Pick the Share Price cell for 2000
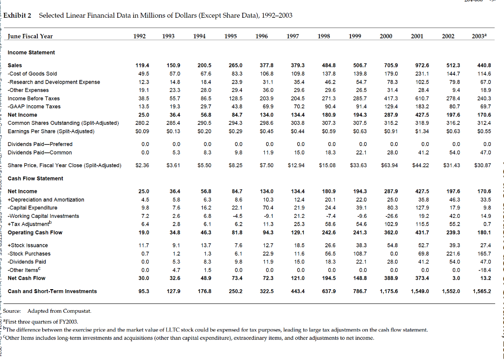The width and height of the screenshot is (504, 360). [x=389, y=165]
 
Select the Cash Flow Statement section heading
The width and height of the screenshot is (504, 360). [x=35, y=178]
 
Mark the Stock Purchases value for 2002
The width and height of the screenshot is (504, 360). [x=453, y=254]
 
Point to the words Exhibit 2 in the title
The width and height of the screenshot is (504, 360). [x=21, y=15]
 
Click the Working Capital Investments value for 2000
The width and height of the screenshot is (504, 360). [x=389, y=216]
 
